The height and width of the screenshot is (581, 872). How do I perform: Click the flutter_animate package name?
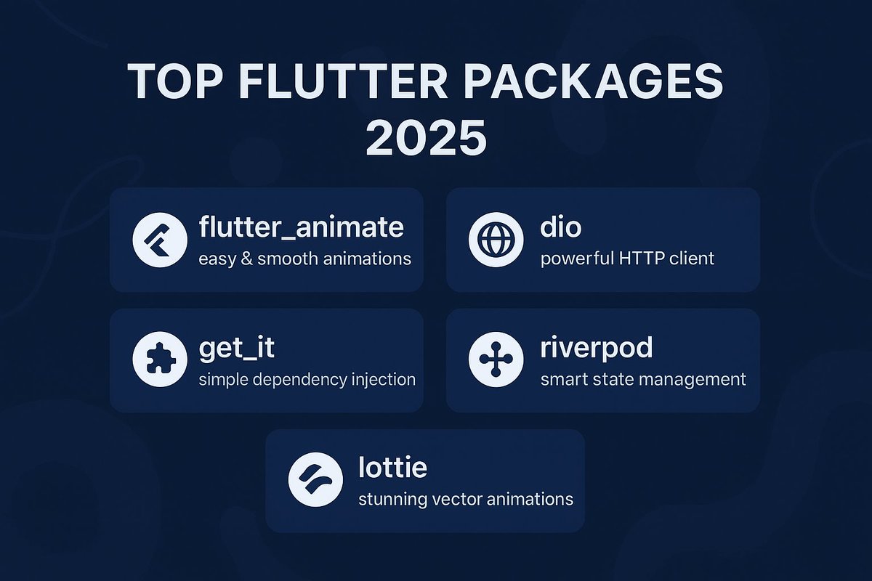(x=301, y=227)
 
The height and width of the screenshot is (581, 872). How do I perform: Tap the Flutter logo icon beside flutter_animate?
(x=160, y=240)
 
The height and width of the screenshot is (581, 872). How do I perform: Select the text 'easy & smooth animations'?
(x=304, y=259)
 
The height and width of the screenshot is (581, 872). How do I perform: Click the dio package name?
(x=561, y=227)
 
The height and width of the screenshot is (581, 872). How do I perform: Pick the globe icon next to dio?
(x=496, y=240)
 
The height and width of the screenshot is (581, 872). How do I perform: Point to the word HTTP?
(x=643, y=259)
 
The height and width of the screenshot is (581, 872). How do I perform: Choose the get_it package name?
(x=236, y=348)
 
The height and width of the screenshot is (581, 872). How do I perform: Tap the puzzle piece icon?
(x=160, y=361)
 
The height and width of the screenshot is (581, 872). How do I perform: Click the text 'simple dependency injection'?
(x=307, y=379)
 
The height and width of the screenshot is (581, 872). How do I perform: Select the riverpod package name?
(x=596, y=348)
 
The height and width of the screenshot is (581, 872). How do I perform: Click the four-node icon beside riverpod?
(x=496, y=361)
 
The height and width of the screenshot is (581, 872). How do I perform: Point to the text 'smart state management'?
(x=643, y=379)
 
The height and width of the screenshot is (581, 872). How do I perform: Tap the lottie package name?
(x=392, y=468)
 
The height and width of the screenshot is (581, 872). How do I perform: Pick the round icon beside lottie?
(x=315, y=480)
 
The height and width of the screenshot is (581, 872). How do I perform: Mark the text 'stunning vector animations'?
(x=466, y=500)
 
